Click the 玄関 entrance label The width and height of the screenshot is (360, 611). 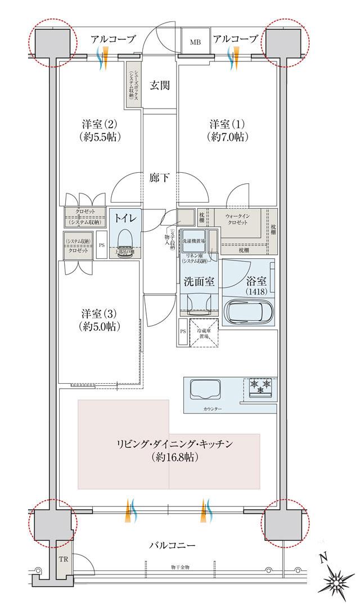160,86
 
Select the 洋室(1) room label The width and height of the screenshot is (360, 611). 228,129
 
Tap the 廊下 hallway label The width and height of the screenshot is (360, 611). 160,178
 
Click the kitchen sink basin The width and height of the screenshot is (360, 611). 208,389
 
